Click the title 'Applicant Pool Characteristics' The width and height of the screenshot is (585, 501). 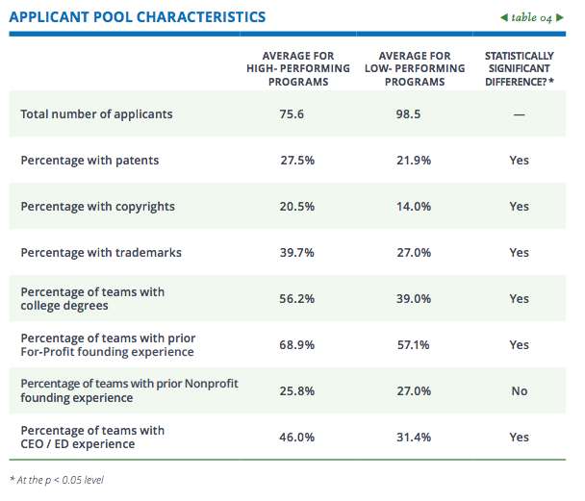[138, 17]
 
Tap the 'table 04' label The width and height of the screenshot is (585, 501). [535, 17]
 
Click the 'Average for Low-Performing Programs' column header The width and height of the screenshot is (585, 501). [415, 69]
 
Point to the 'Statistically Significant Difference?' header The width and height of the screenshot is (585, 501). [520, 69]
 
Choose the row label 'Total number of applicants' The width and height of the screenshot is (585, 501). [96, 114]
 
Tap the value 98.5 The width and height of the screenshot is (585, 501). [415, 114]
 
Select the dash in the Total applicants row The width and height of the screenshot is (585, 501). [520, 114]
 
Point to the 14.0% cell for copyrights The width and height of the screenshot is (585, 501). [415, 207]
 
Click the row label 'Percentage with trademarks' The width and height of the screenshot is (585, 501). [101, 253]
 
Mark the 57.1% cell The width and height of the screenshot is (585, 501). [415, 344]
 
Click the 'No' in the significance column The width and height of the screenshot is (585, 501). [520, 390]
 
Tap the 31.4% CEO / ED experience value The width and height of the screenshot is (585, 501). [415, 437]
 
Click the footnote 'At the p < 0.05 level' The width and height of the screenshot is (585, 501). [57, 480]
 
